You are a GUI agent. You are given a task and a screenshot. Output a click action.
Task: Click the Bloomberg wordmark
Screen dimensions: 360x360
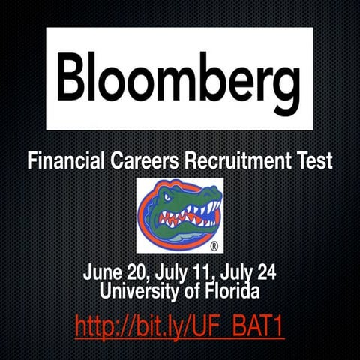pyautogui.click(x=179, y=79)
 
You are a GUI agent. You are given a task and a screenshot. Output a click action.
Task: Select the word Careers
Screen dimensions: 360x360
pyautogui.click(x=153, y=160)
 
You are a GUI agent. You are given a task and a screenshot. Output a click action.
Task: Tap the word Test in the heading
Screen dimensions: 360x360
pyautogui.click(x=314, y=160)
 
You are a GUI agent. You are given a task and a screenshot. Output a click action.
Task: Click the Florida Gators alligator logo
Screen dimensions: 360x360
pyautogui.click(x=179, y=214)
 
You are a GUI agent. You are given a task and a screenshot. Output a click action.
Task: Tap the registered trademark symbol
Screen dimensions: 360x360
pyautogui.click(x=214, y=245)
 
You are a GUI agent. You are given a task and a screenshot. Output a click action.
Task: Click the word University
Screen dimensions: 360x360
pyautogui.click(x=137, y=287)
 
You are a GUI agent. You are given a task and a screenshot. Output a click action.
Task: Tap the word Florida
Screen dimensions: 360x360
pyautogui.click(x=230, y=287)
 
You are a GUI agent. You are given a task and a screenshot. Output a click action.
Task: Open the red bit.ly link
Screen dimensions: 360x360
pyautogui.click(x=179, y=327)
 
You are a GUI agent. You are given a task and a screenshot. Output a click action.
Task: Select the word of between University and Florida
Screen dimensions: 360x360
pyautogui.click(x=188, y=287)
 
